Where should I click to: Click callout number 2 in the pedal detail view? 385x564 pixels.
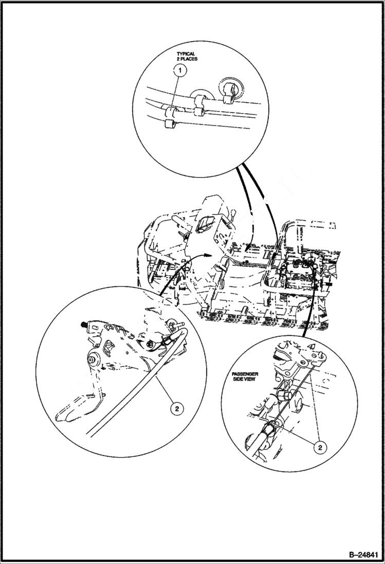click(x=176, y=409)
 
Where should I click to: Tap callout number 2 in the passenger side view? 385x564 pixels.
click(x=320, y=448)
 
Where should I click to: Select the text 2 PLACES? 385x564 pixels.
click(x=188, y=59)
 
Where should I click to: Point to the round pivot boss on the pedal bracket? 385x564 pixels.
click(x=94, y=359)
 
